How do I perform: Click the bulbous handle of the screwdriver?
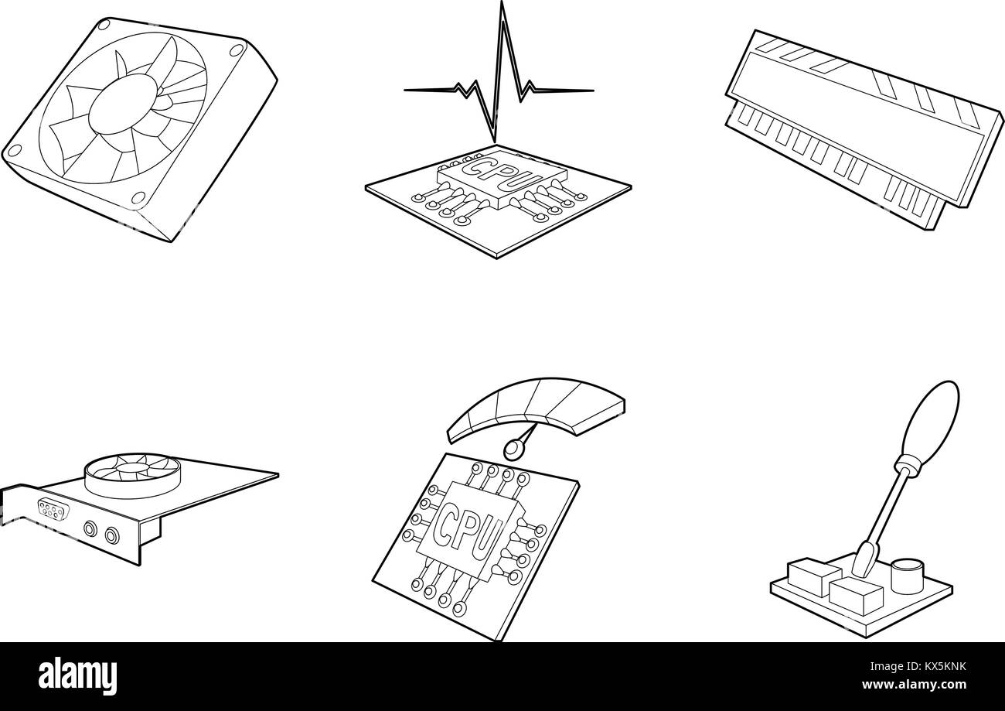[932, 422]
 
